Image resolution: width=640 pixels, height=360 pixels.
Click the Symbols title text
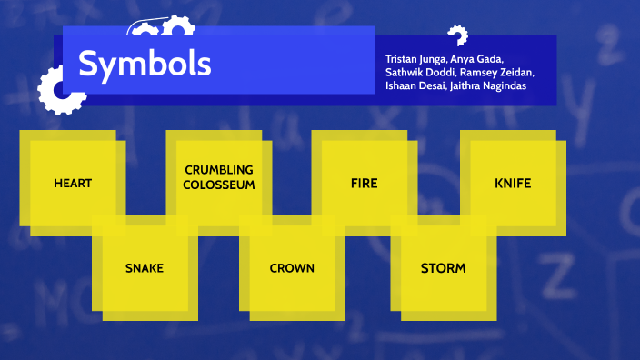pyautogui.click(x=145, y=64)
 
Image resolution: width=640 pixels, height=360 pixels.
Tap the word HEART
pyautogui.click(x=73, y=183)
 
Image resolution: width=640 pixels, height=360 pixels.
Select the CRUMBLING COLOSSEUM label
pyautogui.click(x=218, y=176)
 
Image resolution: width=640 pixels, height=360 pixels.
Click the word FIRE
pyautogui.click(x=364, y=183)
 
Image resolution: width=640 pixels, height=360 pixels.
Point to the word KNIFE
pyautogui.click(x=513, y=183)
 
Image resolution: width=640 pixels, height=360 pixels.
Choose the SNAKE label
pyautogui.click(x=145, y=268)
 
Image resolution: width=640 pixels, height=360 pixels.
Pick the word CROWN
pyautogui.click(x=292, y=268)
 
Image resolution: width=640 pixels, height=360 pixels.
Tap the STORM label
pyautogui.click(x=443, y=268)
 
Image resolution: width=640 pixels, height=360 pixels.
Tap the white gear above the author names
pyautogui.click(x=456, y=36)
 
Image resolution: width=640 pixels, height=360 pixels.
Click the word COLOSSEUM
pyautogui.click(x=218, y=184)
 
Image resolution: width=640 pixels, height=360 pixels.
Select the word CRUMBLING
pyautogui.click(x=218, y=170)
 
